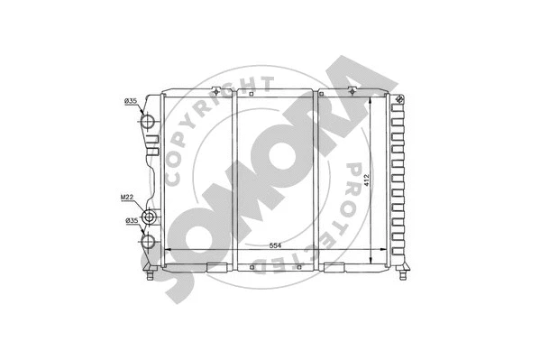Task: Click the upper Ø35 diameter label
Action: [131, 102]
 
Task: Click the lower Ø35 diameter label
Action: [131, 219]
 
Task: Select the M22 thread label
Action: [129, 198]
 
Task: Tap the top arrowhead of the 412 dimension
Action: [372, 99]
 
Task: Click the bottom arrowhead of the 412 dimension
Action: [372, 262]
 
